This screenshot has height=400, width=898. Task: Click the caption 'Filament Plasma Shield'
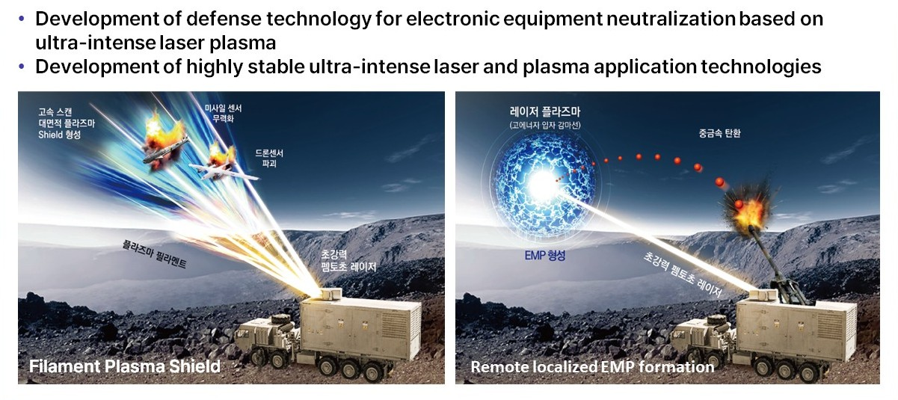125,366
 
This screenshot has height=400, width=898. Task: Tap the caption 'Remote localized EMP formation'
592,367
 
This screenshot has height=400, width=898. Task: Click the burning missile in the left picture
165,144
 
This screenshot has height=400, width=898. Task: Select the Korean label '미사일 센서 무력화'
223,114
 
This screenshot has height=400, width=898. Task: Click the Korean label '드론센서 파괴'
269,159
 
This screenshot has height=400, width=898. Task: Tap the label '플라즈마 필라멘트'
154,253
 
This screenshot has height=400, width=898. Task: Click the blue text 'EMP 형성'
545,255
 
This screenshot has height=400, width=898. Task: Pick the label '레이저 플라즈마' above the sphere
545,111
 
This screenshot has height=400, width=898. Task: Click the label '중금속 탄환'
719,134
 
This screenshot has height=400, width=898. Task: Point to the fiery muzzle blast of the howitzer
748,209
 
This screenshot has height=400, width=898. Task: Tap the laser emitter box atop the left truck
330,293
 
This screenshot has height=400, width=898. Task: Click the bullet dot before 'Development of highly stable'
22,67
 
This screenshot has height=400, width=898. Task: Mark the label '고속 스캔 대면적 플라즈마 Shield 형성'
67,123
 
